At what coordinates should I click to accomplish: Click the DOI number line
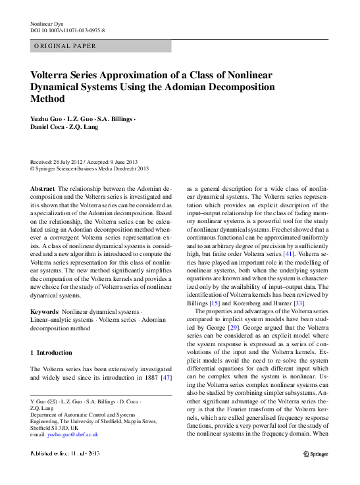tap(68, 31)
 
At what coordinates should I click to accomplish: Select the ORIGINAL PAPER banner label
tap(66, 46)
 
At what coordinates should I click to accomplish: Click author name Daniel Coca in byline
tap(47, 127)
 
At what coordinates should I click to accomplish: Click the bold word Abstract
tap(43, 188)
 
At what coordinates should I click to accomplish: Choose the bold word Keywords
tap(44, 310)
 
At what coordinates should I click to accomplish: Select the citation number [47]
tap(167, 378)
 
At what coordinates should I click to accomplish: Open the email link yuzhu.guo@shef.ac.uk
tap(73, 434)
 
